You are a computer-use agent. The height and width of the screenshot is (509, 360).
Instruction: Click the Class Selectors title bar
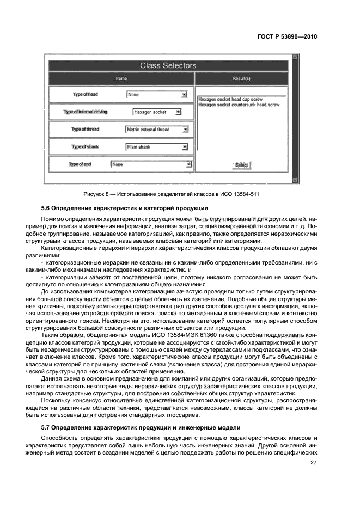pyautogui.click(x=168, y=66)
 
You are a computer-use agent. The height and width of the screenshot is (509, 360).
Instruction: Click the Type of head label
pyautogui.click(x=86, y=95)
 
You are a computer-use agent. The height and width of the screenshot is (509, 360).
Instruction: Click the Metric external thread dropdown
pyautogui.click(x=157, y=130)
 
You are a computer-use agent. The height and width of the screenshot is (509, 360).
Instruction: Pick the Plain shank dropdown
pyautogui.click(x=157, y=147)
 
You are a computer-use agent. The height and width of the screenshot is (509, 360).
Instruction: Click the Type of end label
pyautogui.click(x=80, y=164)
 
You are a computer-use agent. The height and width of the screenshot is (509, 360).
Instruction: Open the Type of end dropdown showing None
pyautogui.click(x=151, y=164)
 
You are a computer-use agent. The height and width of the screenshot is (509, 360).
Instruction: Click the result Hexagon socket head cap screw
pyautogui.click(x=230, y=100)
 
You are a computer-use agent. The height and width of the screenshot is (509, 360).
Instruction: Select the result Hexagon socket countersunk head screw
pyautogui.click(x=239, y=105)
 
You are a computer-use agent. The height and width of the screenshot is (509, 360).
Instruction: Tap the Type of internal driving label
pyautogui.click(x=86, y=112)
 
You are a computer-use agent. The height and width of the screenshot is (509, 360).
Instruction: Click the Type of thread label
pyautogui.click(x=86, y=130)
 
